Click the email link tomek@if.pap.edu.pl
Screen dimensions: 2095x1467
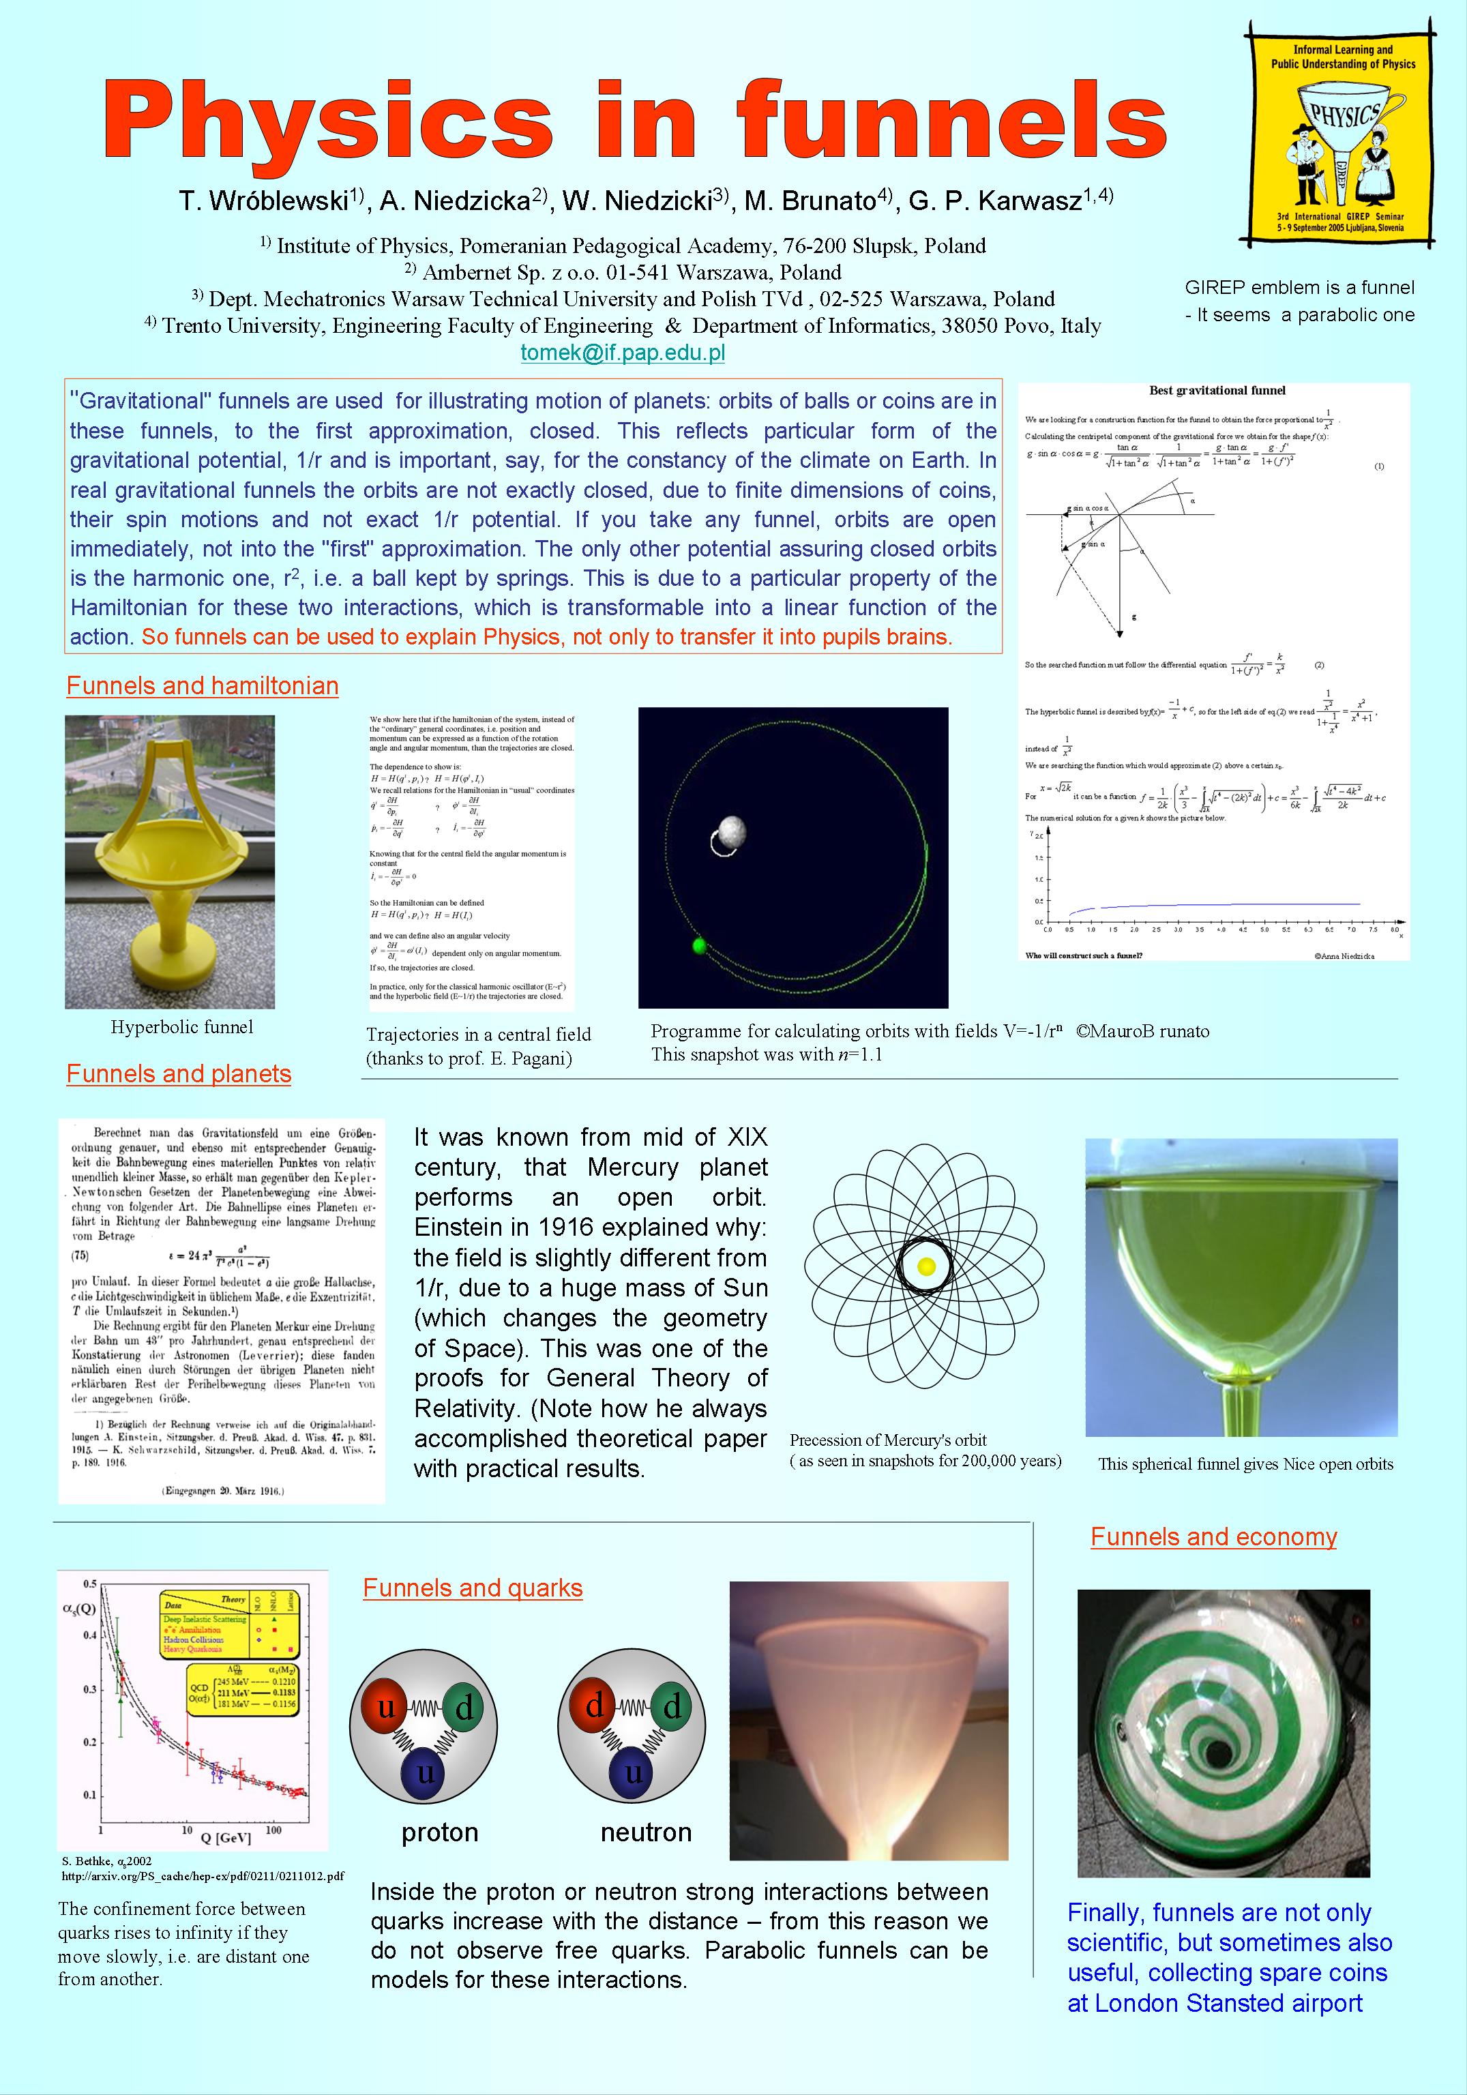(622, 353)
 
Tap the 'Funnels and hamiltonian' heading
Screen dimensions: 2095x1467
(203, 685)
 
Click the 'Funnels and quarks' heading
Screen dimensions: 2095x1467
(473, 1587)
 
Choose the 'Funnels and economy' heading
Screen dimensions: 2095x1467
(1213, 1536)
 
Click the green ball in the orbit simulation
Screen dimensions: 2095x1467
(700, 946)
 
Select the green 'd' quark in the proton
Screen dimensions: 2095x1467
(464, 1707)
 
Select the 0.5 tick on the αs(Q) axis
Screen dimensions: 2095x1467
(90, 1583)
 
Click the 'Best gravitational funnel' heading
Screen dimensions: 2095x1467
(1217, 391)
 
